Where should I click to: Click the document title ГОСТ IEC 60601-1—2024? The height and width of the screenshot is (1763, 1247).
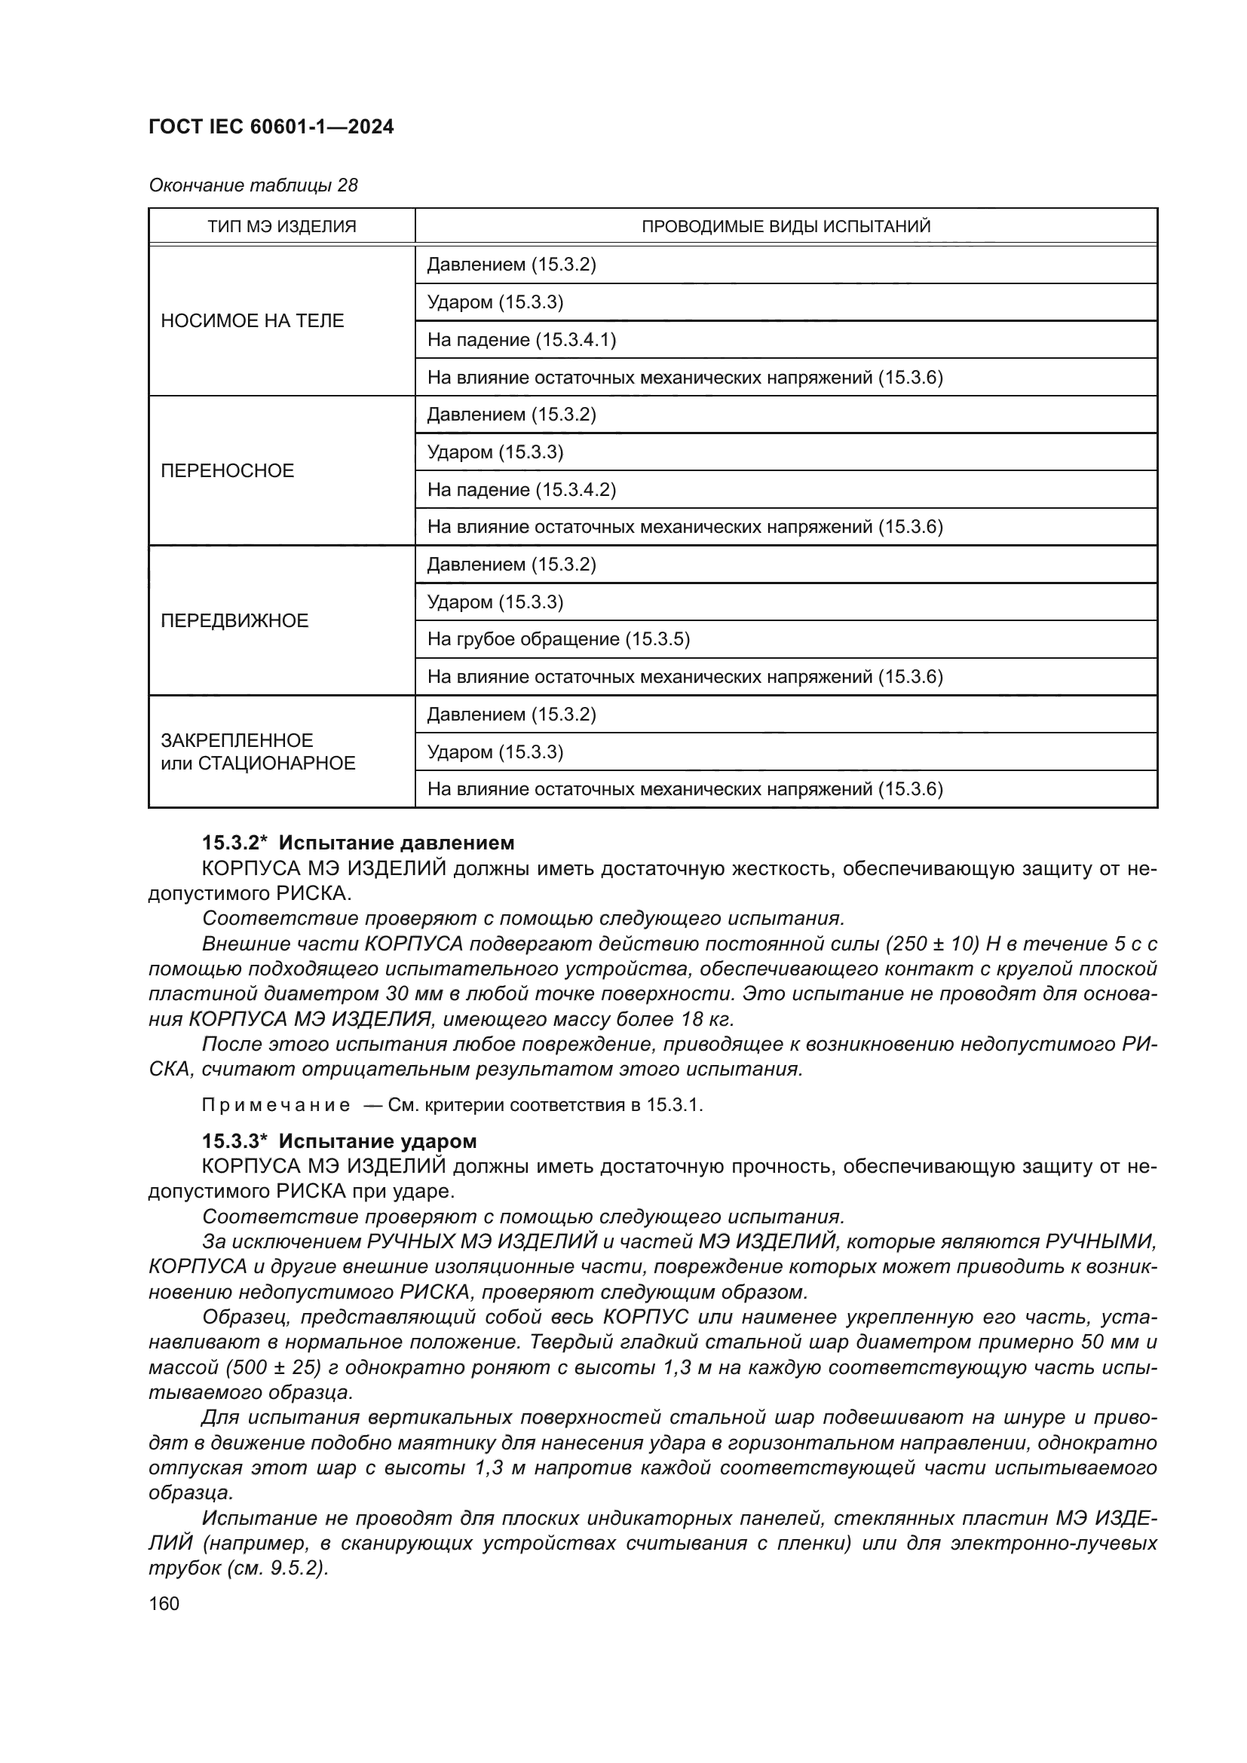[x=271, y=127]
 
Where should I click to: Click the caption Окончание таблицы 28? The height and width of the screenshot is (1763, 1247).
[x=253, y=186]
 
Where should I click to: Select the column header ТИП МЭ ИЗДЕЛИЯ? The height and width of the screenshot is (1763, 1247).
[x=282, y=227]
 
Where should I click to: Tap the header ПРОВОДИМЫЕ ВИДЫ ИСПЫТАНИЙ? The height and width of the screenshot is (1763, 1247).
[x=786, y=227]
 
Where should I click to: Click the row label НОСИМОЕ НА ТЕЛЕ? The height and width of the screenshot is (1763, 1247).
[x=253, y=321]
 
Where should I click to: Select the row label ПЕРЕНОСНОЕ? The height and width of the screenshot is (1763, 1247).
[x=227, y=470]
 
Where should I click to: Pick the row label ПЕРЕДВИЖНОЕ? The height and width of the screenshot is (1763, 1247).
[x=234, y=620]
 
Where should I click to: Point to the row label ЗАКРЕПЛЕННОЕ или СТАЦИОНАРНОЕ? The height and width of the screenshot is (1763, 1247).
[x=258, y=751]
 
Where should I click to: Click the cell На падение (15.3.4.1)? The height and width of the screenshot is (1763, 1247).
[x=522, y=340]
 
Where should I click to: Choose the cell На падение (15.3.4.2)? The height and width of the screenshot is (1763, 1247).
[x=522, y=490]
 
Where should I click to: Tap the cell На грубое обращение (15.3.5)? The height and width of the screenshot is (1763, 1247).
[x=558, y=640]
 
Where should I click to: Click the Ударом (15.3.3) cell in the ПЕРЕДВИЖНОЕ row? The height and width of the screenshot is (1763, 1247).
[x=495, y=602]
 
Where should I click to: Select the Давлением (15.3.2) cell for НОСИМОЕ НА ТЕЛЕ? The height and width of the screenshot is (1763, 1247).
[x=511, y=265]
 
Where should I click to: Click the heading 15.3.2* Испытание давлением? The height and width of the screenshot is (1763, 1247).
[x=358, y=843]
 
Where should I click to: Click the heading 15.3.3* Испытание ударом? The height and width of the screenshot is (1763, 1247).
[x=339, y=1141]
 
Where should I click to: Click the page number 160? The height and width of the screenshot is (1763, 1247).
[x=164, y=1604]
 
